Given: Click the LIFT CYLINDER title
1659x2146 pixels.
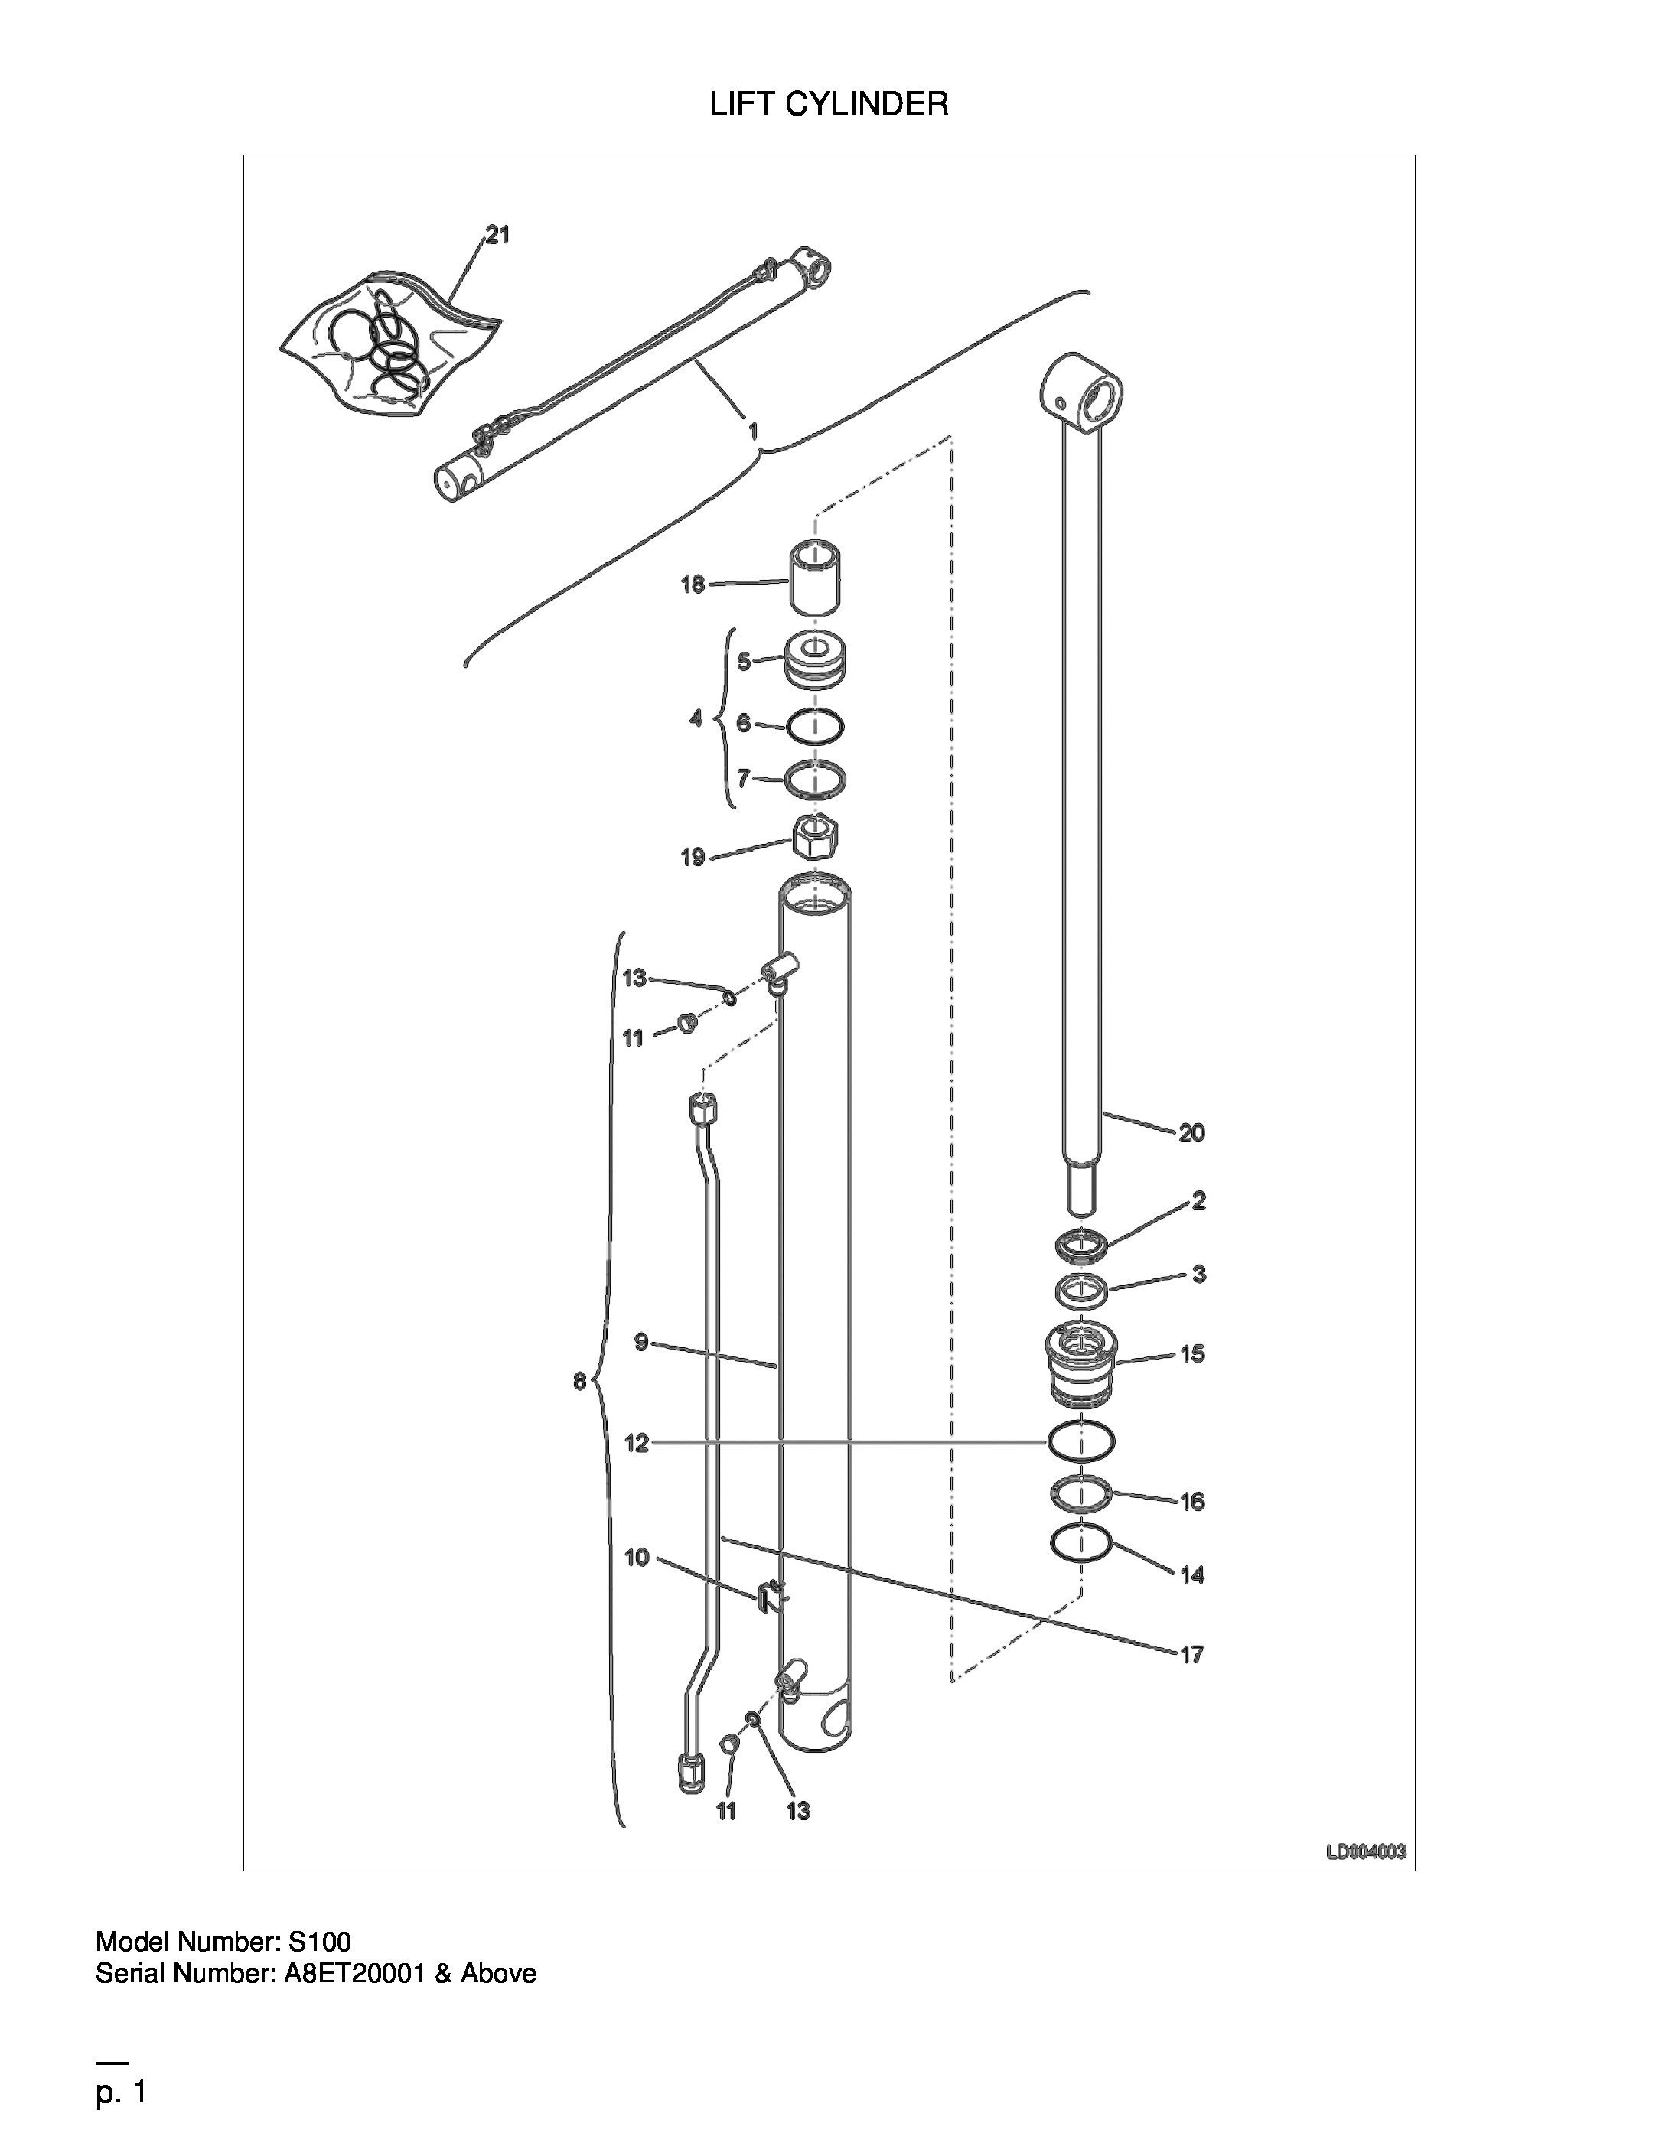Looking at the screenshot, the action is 829,104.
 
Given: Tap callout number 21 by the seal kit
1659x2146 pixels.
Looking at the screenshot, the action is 497,235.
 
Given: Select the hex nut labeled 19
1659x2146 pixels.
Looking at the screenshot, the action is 815,837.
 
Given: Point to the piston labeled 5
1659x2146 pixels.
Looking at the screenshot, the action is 816,661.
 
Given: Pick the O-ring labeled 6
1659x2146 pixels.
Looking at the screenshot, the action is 815,726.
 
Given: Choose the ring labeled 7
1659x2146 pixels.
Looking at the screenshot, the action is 815,779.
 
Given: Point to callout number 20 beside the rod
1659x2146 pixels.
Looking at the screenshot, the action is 1191,1133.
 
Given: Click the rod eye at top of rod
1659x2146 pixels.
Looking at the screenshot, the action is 1081,394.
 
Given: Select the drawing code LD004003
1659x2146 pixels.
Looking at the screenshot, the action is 1366,1851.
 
